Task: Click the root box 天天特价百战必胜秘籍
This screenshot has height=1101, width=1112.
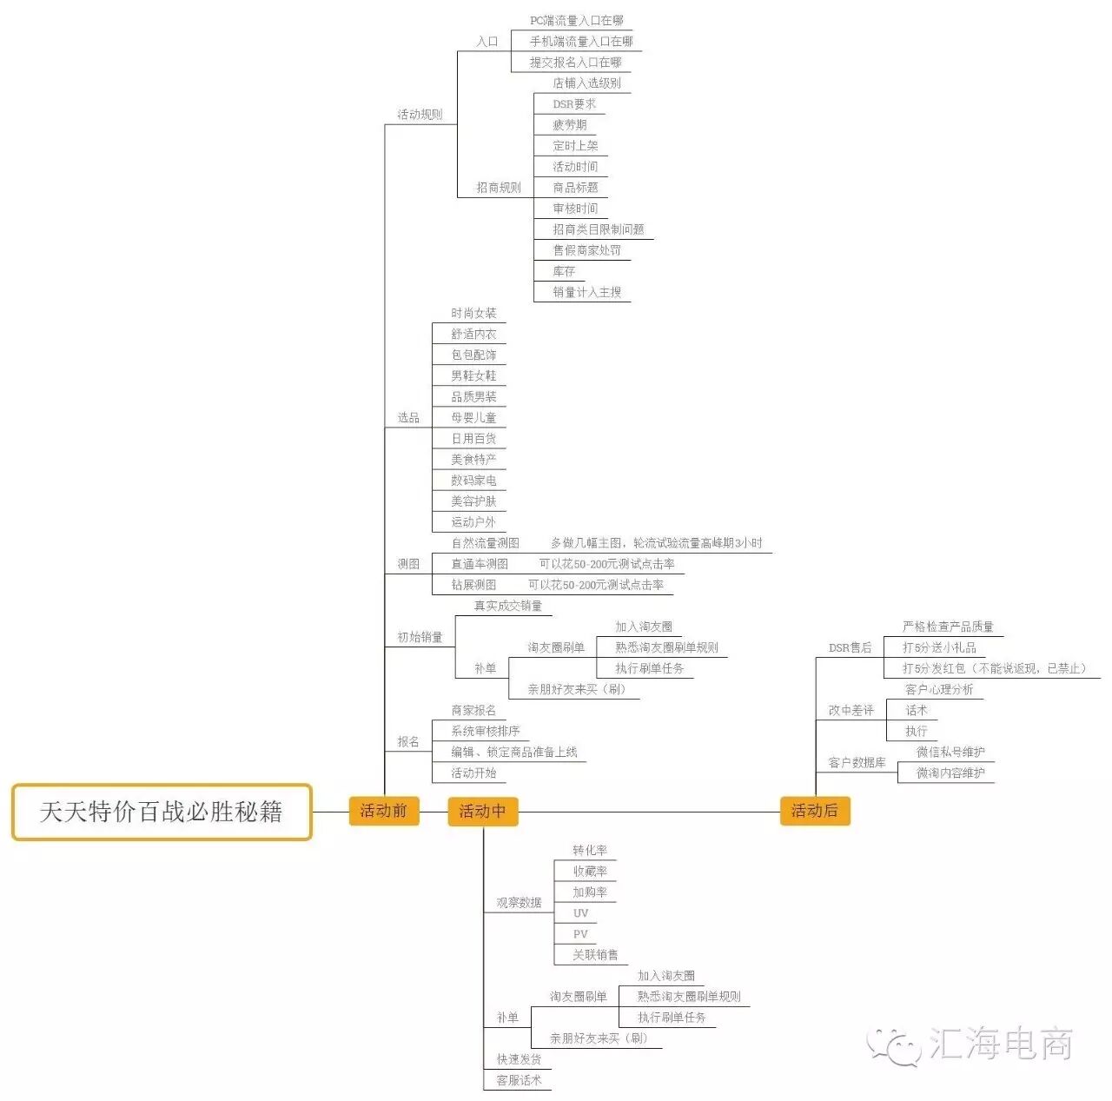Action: point(162,812)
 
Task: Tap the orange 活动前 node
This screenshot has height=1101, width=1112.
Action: point(383,811)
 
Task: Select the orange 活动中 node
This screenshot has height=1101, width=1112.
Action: point(482,811)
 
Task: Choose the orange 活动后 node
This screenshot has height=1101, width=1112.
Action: point(814,811)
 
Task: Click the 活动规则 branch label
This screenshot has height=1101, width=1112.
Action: point(420,115)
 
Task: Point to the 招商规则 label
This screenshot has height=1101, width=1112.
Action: point(499,188)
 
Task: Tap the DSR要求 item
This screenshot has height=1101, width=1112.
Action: point(574,104)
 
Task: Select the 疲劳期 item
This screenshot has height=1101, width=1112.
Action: point(570,125)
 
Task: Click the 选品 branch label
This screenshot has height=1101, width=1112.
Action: point(408,418)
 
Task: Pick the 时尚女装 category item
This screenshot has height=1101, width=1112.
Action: point(473,313)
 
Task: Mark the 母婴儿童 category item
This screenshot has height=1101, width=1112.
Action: point(473,418)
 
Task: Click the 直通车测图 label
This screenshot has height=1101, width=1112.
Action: point(480,564)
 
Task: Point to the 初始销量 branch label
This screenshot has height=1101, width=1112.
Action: point(420,637)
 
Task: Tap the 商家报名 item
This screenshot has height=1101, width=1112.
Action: point(473,710)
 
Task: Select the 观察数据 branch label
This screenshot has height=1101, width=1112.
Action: point(519,903)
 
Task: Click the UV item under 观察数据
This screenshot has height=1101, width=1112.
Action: point(580,913)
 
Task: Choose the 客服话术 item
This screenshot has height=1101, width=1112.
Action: point(519,1080)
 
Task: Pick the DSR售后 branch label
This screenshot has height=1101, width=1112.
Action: point(850,647)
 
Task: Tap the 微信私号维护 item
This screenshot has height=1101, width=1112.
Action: point(950,752)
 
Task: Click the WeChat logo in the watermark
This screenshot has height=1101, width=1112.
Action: point(893,1045)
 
